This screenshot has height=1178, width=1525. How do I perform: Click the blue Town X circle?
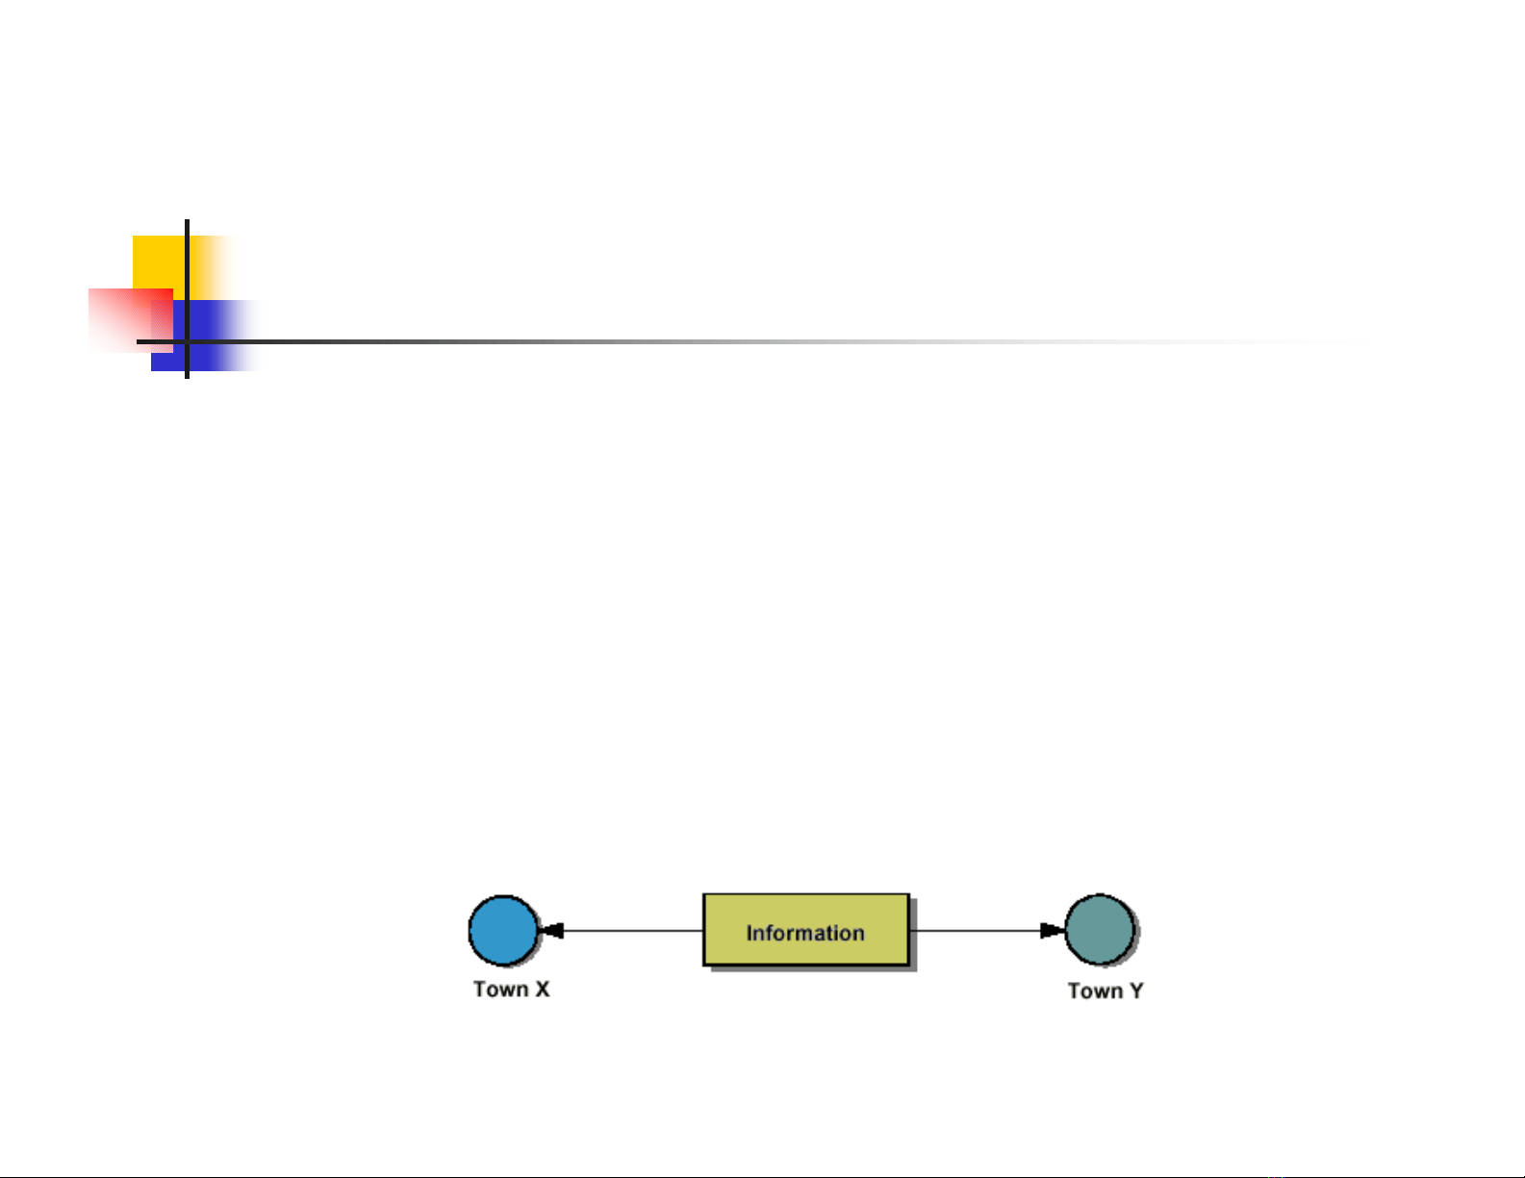click(503, 930)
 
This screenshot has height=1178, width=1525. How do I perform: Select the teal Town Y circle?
click(1101, 930)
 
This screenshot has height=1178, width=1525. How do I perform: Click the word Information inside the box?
click(805, 933)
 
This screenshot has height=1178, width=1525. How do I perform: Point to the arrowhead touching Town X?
click(551, 930)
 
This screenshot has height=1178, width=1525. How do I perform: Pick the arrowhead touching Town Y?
click(1053, 930)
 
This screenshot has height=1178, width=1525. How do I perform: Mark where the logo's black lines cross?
click(187, 341)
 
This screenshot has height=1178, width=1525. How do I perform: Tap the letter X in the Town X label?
click(542, 990)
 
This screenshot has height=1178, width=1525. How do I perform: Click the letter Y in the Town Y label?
click(1136, 990)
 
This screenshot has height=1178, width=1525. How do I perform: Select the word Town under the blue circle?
click(500, 990)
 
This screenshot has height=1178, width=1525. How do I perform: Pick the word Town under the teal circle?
click(1095, 990)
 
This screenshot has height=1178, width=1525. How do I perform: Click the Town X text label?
click(512, 990)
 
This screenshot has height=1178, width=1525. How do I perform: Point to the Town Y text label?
click(1106, 990)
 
